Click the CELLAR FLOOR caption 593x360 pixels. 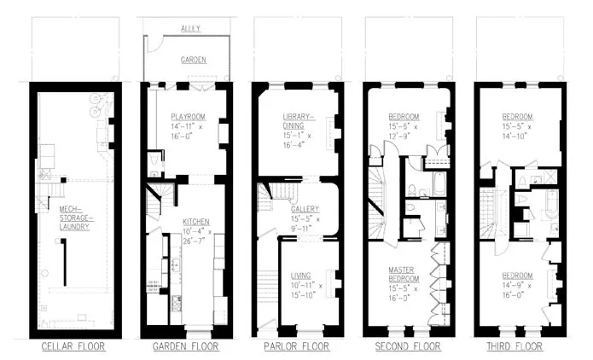click(74, 347)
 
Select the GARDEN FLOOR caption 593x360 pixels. click(186, 347)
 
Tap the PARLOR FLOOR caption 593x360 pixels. click(297, 347)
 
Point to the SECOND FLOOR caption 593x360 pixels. click(408, 347)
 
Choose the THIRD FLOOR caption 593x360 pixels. click(519, 347)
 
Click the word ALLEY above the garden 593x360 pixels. click(190, 28)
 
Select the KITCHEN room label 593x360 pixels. click(195, 221)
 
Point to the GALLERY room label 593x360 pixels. click(305, 209)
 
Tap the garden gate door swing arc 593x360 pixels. click(151, 45)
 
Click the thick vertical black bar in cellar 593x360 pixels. click(64, 265)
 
